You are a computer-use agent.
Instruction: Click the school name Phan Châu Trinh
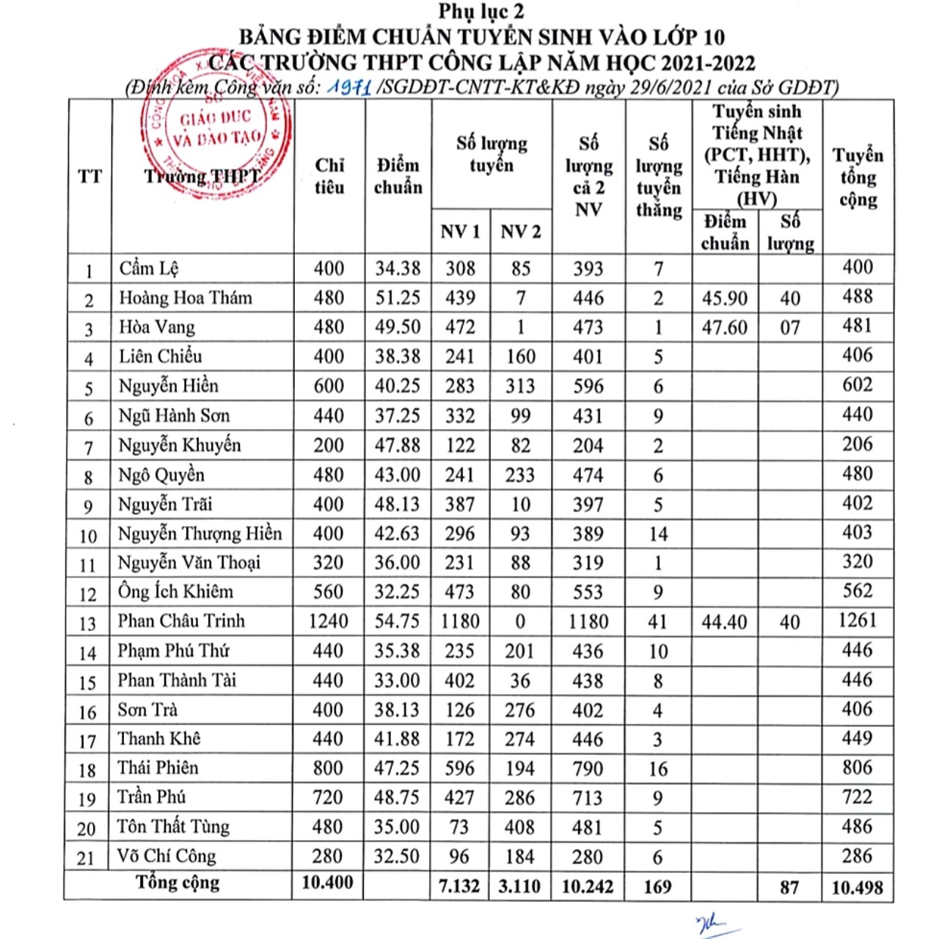(181, 621)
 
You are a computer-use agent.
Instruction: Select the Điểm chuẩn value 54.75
(398, 621)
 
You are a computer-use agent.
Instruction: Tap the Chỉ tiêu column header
(329, 176)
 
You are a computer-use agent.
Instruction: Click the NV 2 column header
(520, 232)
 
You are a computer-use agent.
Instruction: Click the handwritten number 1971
(349, 87)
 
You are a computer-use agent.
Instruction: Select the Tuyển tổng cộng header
(858, 177)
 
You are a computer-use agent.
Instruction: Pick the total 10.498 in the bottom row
(857, 887)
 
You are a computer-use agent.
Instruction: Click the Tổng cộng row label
(178, 883)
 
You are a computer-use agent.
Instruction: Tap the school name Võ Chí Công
(167, 856)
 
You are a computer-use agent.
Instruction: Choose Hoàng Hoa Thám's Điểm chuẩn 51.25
(398, 298)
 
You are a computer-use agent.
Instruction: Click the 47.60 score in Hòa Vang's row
(725, 327)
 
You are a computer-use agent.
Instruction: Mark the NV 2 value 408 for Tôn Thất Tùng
(519, 827)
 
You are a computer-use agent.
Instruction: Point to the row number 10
(88, 536)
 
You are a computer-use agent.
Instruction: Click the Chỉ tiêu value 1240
(328, 621)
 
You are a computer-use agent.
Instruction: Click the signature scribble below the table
(710, 925)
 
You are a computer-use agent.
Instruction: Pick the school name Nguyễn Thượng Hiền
(200, 533)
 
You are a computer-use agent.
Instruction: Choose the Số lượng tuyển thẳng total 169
(657, 887)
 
